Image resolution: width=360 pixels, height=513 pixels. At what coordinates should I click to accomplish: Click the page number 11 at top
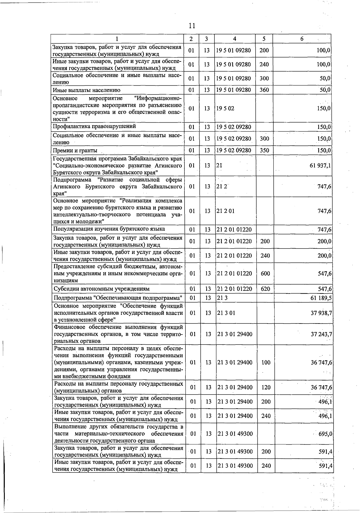coord(192,26)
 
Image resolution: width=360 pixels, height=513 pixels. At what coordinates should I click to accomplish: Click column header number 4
coord(235,39)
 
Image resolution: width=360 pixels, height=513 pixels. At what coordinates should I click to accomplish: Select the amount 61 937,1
coord(319,166)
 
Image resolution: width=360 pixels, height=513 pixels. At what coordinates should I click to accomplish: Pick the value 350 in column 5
coord(264,150)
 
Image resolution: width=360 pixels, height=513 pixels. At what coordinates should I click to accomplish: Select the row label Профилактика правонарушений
coord(94,126)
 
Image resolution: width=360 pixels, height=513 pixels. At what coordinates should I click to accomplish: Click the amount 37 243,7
coord(321,334)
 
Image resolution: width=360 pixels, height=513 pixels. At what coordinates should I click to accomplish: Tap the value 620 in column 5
coord(265,289)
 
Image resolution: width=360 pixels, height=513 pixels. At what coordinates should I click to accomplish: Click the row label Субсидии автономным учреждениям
coord(101,289)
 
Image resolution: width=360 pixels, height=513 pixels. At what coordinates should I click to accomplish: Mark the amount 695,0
coord(324,434)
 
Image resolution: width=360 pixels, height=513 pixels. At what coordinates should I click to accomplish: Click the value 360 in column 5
coord(264,90)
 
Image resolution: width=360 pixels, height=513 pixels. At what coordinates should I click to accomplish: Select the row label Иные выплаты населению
coord(86,90)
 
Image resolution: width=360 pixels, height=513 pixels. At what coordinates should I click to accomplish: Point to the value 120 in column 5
coord(266,387)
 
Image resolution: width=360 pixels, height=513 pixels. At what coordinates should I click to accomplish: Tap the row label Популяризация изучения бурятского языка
coord(109,229)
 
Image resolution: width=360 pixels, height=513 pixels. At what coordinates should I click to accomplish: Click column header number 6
coord(302,39)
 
